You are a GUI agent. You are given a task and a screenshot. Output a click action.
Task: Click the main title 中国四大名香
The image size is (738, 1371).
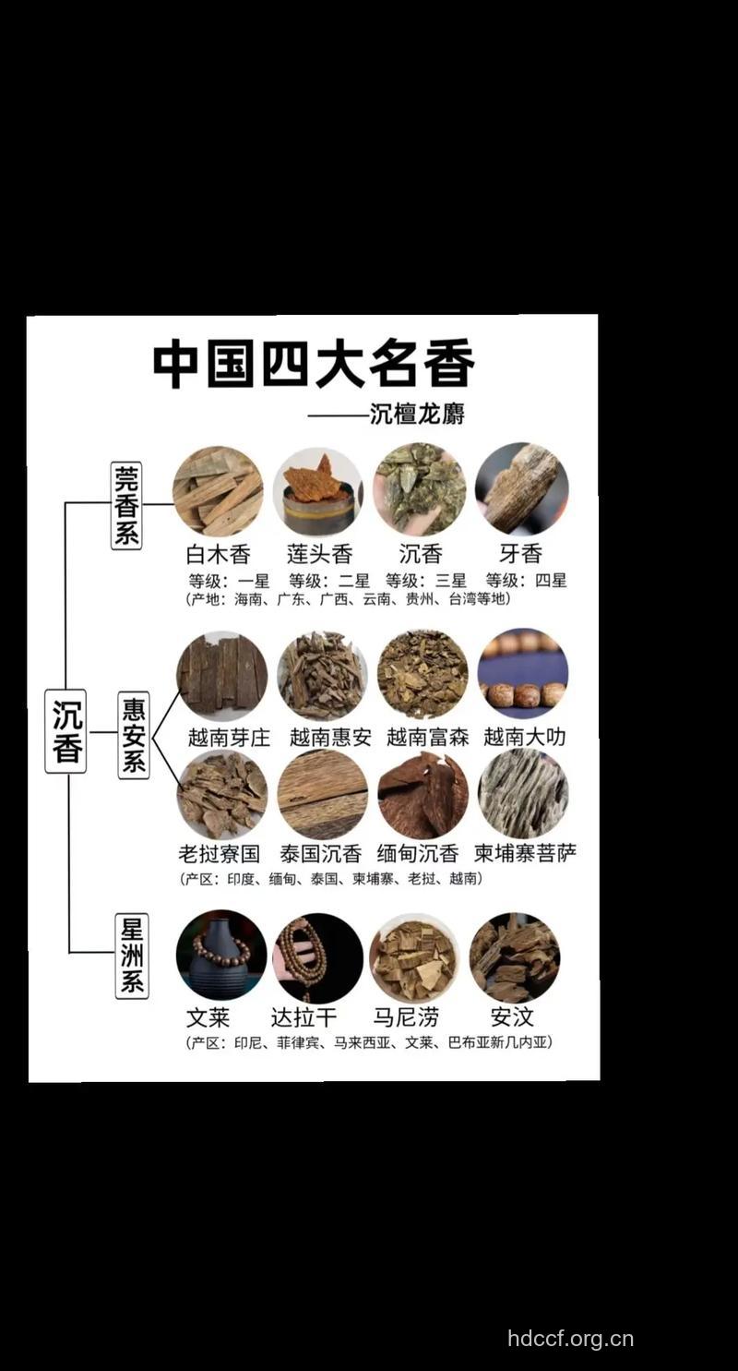[314, 364]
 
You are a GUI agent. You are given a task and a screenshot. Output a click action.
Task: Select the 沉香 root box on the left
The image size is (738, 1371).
[66, 731]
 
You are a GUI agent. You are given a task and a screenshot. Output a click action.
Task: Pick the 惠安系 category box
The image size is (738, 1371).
[134, 735]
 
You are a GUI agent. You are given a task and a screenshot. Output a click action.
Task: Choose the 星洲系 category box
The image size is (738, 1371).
[132, 956]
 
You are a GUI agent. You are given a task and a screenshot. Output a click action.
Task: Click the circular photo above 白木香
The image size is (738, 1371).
[218, 491]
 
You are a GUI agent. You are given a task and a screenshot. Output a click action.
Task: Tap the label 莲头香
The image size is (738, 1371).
[319, 554]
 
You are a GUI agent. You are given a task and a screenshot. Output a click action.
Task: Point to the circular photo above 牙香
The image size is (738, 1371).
[521, 489]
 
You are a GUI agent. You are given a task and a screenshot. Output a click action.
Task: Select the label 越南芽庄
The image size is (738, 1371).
[229, 737]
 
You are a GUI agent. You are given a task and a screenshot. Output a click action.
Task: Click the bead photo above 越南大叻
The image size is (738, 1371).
[523, 674]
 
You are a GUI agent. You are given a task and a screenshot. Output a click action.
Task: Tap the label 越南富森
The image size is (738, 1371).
[427, 737]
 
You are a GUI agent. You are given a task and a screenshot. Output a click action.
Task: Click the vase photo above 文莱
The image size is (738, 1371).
[221, 956]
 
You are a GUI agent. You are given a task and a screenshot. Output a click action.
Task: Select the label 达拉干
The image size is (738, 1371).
[304, 1017]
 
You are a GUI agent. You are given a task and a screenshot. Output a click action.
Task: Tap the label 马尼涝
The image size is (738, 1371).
[406, 1017]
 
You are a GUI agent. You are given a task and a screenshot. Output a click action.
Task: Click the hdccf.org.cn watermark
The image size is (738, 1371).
[570, 1339]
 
